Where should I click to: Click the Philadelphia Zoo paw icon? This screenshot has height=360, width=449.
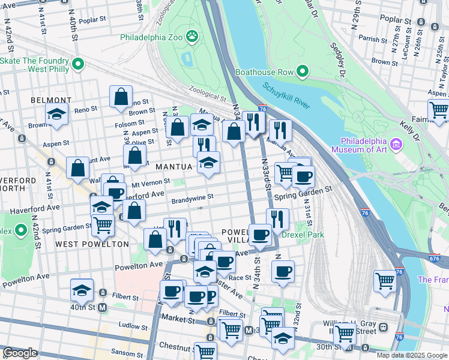(x=192, y=37)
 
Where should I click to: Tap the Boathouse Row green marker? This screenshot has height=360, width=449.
(x=303, y=73)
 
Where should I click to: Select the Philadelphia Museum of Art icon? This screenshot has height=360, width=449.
(x=396, y=144)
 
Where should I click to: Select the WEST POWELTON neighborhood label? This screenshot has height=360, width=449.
(x=92, y=244)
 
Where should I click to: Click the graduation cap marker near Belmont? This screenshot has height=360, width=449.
(x=56, y=116)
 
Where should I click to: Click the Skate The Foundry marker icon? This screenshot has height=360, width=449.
(x=77, y=64)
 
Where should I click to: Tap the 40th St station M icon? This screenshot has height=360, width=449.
(x=102, y=308)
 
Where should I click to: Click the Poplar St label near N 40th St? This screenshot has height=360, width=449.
(x=92, y=20)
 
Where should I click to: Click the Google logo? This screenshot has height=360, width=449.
(x=20, y=353)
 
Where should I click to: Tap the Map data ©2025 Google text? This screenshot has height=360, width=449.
(x=412, y=355)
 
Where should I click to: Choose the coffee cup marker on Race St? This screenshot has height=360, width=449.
(x=282, y=271)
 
